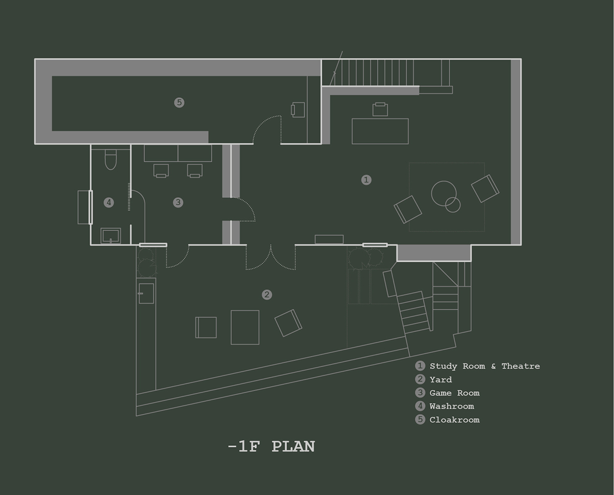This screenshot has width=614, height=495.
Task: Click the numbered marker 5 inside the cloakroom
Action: (179, 102)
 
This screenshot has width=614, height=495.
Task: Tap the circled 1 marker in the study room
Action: (366, 180)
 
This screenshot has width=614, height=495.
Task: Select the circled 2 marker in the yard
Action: (267, 295)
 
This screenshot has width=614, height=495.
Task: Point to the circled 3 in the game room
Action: (178, 202)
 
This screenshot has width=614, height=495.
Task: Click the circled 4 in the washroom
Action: (108, 202)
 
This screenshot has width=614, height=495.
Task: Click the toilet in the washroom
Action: (111, 160)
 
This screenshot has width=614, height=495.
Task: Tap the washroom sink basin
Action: (111, 236)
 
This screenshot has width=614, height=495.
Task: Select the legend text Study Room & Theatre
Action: (485, 366)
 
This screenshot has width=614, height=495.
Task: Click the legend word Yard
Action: (441, 379)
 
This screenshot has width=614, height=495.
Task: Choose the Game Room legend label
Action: (454, 393)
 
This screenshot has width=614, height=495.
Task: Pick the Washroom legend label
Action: (452, 406)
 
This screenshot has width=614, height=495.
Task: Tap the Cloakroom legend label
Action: (454, 420)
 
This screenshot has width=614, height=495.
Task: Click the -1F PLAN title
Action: (271, 446)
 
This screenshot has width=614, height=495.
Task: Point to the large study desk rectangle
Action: (380, 131)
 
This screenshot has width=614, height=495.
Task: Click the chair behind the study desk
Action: (380, 109)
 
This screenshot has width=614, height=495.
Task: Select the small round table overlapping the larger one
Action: (453, 205)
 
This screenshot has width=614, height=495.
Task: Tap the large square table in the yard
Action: (245, 327)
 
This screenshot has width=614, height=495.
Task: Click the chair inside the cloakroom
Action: (298, 110)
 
